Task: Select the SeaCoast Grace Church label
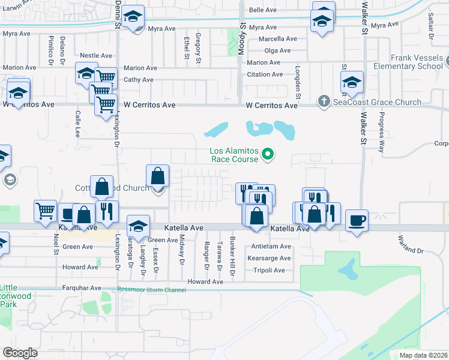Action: tap(378, 102)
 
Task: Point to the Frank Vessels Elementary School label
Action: tap(408, 62)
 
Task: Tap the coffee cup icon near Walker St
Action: tap(357, 220)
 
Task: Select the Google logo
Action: tap(20, 352)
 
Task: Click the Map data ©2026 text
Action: tap(423, 355)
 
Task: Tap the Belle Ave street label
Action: tap(262, 10)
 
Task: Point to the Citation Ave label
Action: tap(265, 74)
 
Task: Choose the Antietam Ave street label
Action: tap(271, 247)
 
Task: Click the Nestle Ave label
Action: tap(96, 55)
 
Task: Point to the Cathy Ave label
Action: tap(139, 80)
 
